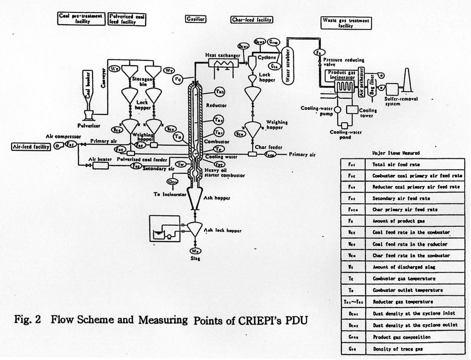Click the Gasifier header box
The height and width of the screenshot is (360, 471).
(x=196, y=19)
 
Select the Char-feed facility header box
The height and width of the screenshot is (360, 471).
(x=252, y=19)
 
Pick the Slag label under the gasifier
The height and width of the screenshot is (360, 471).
(x=195, y=259)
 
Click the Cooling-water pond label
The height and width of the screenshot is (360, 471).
(x=345, y=135)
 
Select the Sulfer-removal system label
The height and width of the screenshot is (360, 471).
(x=401, y=102)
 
